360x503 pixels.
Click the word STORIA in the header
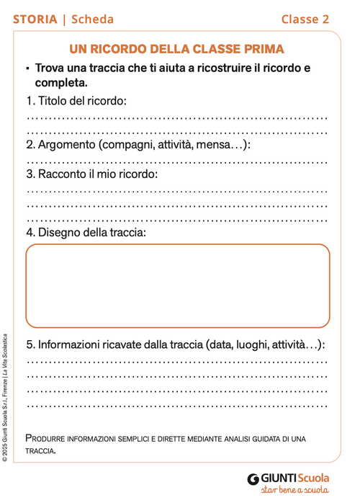click(x=35, y=19)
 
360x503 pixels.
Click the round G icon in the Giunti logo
click(x=253, y=478)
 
